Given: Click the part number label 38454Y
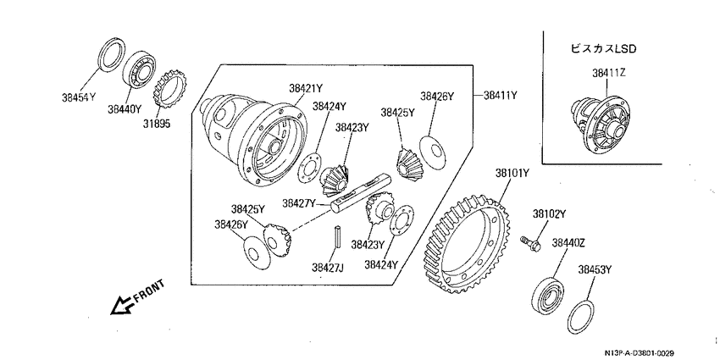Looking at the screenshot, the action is coord(80,97).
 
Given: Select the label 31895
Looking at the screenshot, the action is coord(156,124).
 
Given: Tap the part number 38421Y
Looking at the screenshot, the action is coord(306,88).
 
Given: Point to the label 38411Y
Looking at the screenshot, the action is coord(500,96).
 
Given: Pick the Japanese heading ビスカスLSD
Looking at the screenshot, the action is coord(603,48).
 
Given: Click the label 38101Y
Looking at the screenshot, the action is coord(512,173).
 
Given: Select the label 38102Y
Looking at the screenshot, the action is coord(549,213).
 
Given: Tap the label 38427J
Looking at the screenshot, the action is coord(328,267).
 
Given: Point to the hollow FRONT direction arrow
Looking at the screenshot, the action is coord(123,305).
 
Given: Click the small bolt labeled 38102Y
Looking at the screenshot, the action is coord(531,243).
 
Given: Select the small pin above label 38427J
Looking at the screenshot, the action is coord(337,237).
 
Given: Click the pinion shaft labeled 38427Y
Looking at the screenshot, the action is coord(360,193).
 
